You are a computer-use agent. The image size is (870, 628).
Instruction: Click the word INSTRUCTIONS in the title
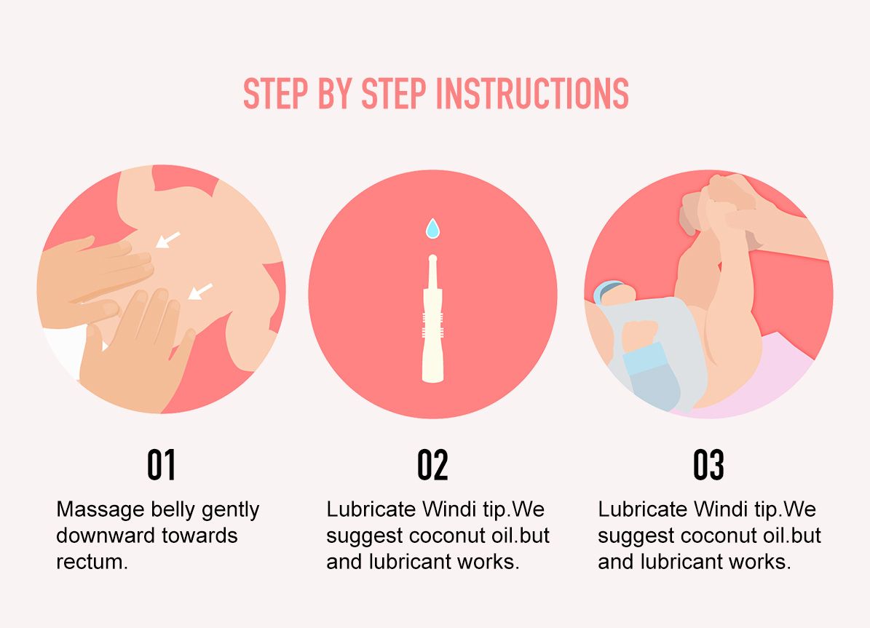[532, 93]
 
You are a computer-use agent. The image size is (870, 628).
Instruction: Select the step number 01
[162, 465]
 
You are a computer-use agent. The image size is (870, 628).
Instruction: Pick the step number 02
[432, 465]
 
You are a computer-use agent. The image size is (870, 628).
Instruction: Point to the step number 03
[708, 465]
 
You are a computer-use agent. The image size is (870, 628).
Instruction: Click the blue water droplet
[432, 228]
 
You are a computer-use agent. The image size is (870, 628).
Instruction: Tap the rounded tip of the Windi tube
[432, 258]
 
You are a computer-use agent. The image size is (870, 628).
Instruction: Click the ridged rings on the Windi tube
[432, 325]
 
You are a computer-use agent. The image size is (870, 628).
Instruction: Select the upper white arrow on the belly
[167, 239]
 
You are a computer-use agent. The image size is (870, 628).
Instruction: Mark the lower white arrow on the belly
[200, 291]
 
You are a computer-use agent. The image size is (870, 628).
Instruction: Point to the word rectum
[92, 562]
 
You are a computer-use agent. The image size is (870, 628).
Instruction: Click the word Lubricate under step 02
[371, 509]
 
